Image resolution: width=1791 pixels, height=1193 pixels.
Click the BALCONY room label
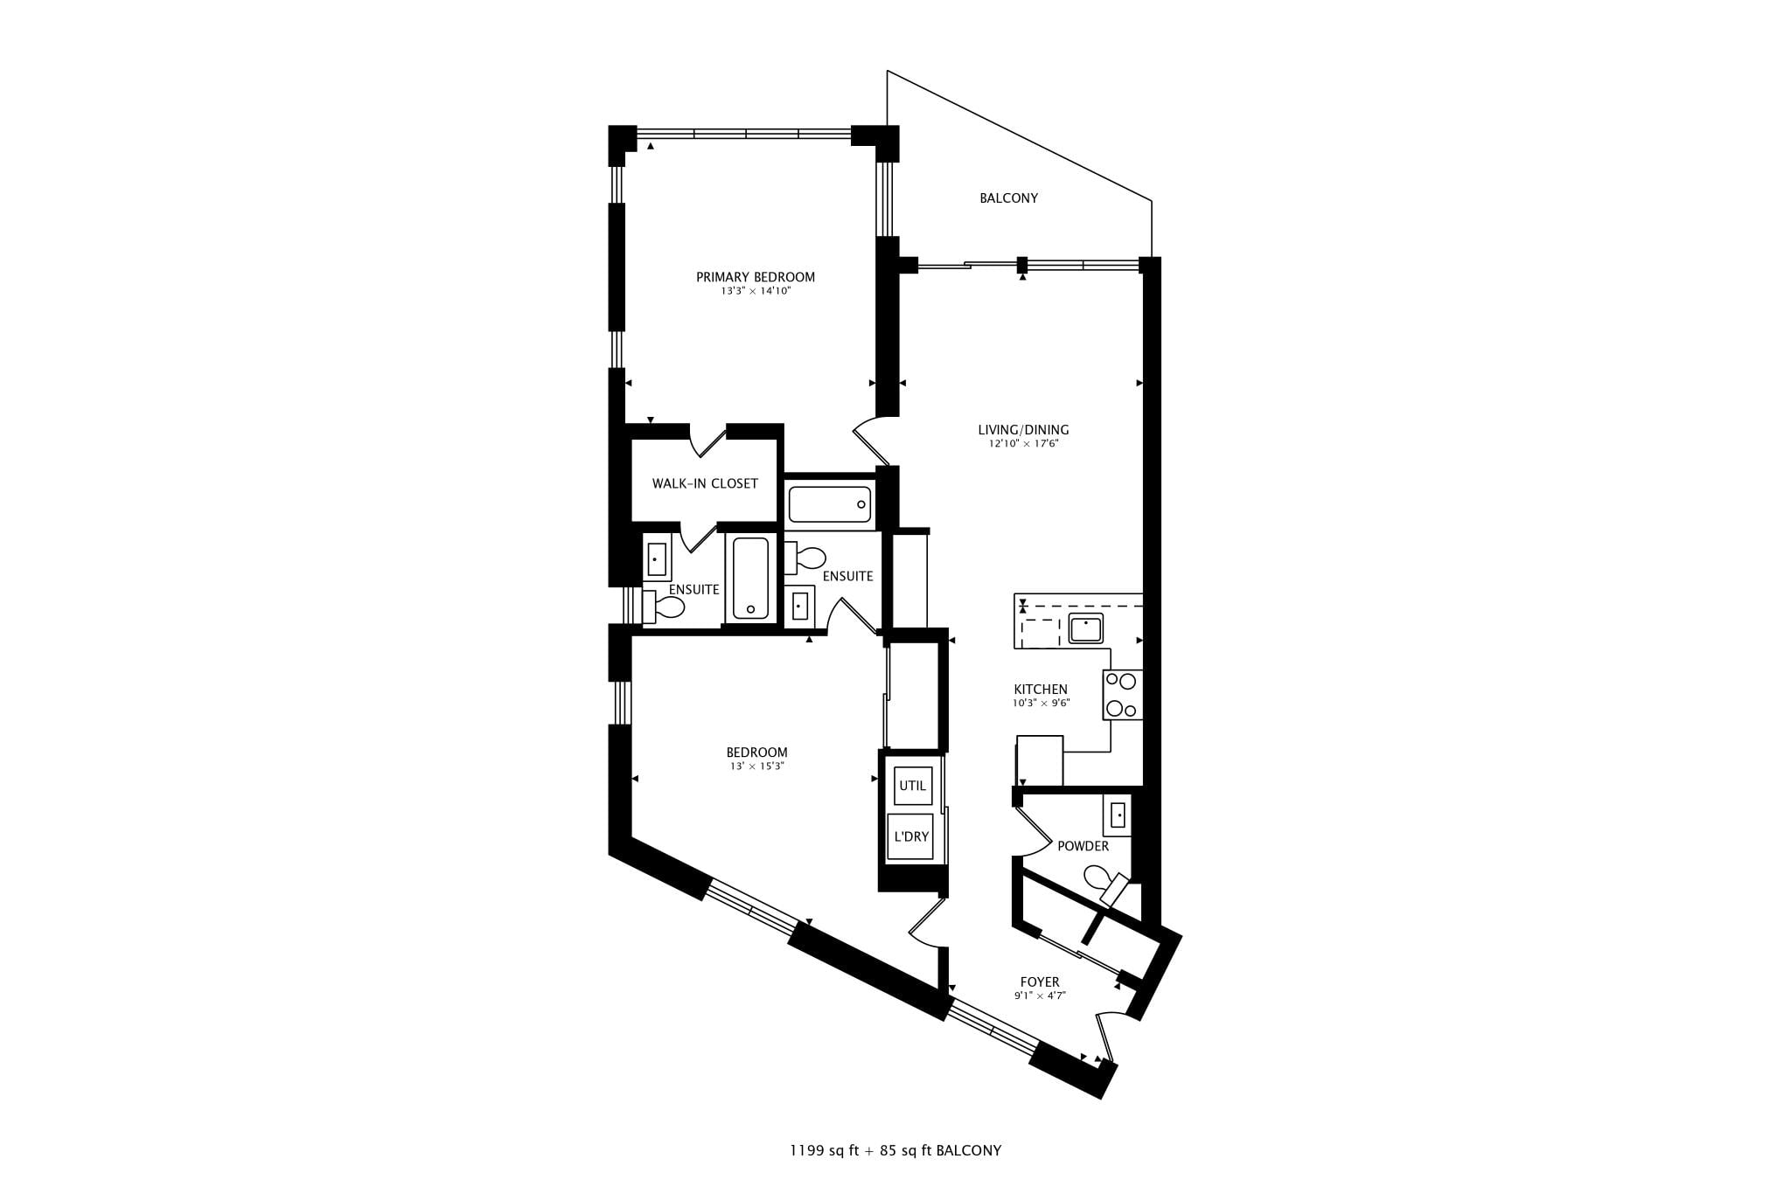click(x=1008, y=198)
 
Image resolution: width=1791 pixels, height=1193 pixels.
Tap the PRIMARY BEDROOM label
click(x=756, y=277)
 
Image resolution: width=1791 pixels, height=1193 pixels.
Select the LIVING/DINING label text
click(x=1023, y=430)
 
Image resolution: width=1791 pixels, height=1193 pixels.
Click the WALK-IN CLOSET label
click(x=705, y=483)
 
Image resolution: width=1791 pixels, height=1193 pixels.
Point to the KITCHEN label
click(x=1041, y=690)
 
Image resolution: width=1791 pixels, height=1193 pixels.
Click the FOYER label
click(x=1040, y=982)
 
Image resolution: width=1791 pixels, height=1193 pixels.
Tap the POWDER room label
click(x=1084, y=846)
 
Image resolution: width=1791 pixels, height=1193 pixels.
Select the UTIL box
click(x=912, y=786)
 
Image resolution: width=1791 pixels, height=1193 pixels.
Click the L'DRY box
click(x=910, y=836)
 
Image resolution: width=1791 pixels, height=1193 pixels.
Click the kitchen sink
click(x=1085, y=628)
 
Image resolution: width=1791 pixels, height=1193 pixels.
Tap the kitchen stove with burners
click(x=1122, y=695)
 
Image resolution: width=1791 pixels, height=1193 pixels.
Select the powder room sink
click(x=1118, y=815)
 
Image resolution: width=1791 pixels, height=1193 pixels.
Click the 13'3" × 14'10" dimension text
click(x=756, y=292)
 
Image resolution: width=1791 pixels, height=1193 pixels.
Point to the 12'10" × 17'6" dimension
click(x=1023, y=444)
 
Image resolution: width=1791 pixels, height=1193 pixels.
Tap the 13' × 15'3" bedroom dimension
click(x=757, y=766)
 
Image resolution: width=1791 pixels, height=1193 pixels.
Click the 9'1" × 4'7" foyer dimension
click(x=1040, y=995)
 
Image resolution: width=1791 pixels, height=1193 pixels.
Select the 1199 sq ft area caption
click(x=825, y=1150)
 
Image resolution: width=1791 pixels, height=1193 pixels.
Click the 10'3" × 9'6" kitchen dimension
click(x=1041, y=703)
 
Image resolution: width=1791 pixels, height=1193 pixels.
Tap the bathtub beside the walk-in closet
click(x=830, y=504)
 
